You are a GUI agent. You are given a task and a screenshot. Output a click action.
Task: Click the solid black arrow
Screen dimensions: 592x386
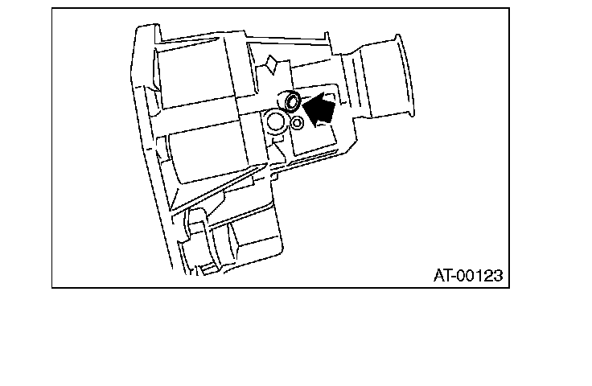[321, 108]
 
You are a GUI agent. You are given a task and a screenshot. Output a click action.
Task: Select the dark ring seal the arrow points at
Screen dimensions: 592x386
[290, 101]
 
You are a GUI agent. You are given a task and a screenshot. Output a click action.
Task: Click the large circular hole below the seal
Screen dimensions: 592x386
[276, 121]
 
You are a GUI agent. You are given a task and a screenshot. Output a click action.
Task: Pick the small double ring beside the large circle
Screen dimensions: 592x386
[297, 123]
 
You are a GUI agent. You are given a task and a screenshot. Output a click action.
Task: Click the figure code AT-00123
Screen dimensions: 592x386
[468, 276]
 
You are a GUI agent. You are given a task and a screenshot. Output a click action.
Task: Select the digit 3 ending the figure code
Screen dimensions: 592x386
[498, 276]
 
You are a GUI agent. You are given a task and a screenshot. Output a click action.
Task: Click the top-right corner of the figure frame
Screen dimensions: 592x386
[509, 9]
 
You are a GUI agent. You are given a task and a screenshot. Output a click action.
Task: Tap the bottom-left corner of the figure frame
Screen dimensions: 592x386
[53, 286]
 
